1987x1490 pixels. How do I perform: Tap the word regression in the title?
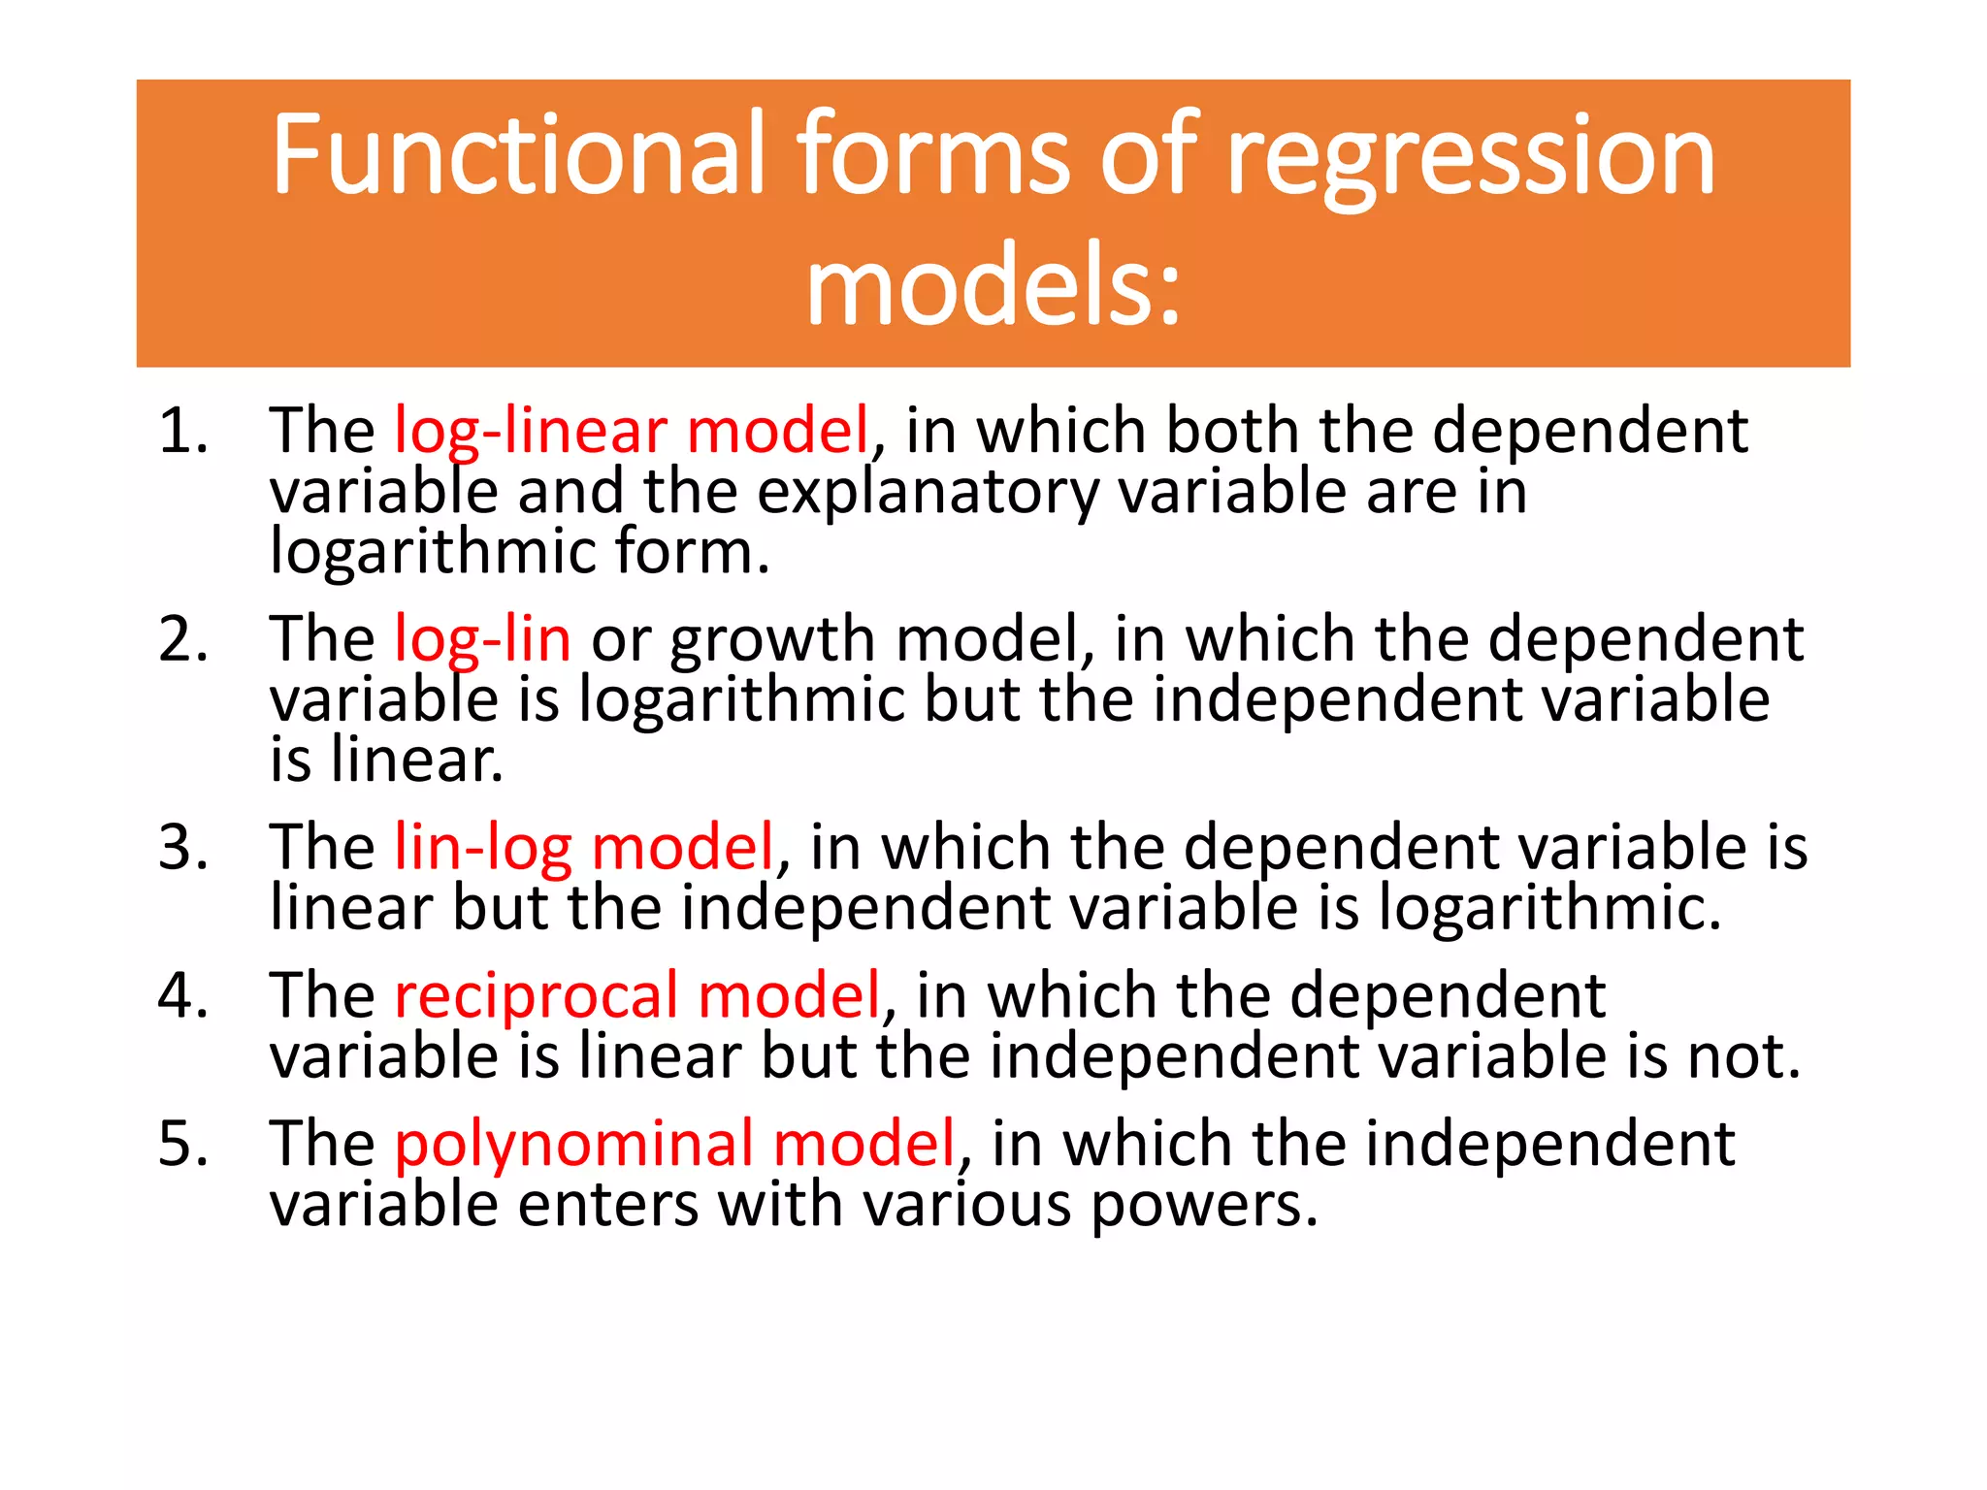point(1471,160)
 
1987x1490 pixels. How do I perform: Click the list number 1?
point(182,431)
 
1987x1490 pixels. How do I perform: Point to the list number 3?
point(182,848)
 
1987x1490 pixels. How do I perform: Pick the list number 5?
point(182,1144)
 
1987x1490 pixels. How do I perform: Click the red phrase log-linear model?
point(632,433)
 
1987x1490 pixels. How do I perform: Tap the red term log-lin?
point(482,640)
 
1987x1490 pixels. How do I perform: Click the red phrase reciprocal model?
point(637,996)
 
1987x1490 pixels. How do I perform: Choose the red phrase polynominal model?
point(675,1145)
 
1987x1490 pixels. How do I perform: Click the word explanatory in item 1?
point(928,493)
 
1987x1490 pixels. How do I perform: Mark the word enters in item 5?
point(608,1205)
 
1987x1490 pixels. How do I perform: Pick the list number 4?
point(182,996)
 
